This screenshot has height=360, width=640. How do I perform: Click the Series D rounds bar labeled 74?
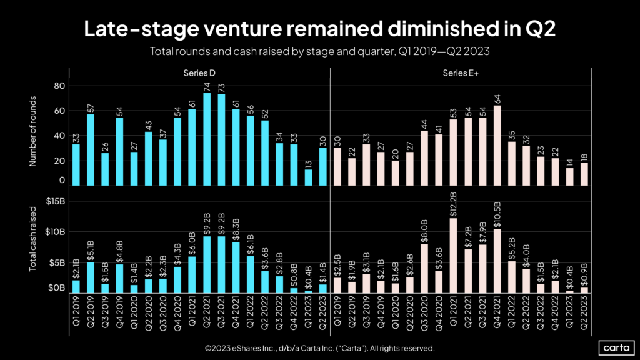(206, 139)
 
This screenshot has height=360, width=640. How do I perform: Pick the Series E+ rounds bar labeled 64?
(497, 145)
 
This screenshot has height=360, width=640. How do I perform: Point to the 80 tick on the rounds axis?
(60, 86)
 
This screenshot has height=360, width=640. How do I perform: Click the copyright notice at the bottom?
(319, 348)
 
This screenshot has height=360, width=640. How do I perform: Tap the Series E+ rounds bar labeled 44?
(424, 157)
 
